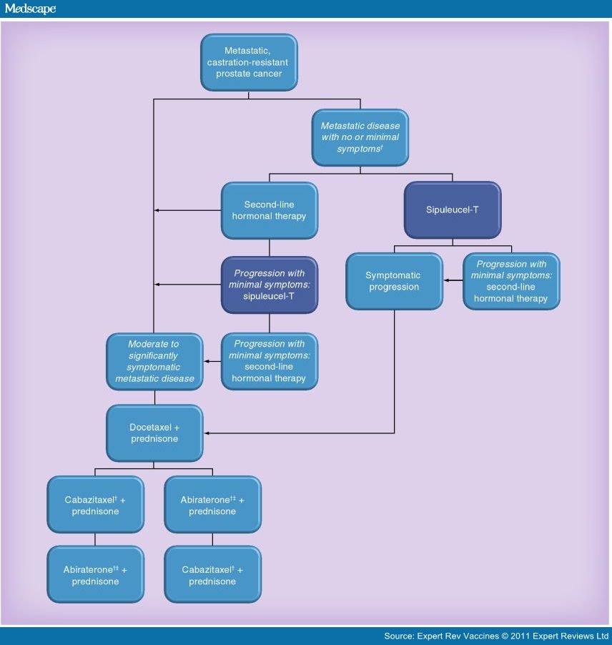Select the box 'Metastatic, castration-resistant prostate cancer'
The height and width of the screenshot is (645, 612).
coord(249,62)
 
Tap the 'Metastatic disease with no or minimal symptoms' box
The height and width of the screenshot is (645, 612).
coord(360,137)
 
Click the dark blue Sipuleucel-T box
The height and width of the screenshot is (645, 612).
coord(452,210)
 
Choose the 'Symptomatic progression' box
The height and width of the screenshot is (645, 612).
coord(393,281)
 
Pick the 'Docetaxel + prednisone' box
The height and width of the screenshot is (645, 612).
coord(154,433)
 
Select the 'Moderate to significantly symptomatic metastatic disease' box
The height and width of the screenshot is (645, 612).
coord(154,361)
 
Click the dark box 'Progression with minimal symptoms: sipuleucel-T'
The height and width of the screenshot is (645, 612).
coord(269,285)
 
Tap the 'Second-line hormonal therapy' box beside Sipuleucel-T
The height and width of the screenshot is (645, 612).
coord(269,210)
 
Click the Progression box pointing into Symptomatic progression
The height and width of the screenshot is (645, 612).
coord(510,281)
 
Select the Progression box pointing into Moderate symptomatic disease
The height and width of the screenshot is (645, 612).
coord(269,361)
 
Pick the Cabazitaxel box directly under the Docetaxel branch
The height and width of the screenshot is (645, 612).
coord(95,506)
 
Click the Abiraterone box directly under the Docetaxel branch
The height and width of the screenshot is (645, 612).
coord(212,506)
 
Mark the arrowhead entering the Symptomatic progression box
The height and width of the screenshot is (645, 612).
coord(447,281)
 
